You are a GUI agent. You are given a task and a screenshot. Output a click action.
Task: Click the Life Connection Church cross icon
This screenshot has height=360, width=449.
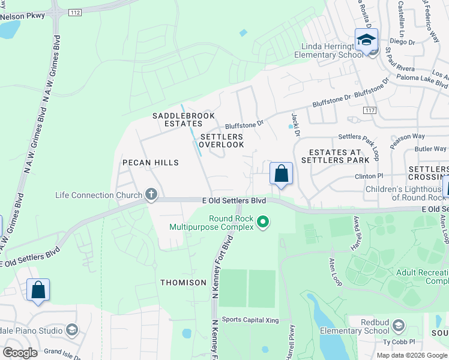151,194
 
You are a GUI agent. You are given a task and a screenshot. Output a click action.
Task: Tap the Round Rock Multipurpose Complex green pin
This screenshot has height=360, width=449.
262,223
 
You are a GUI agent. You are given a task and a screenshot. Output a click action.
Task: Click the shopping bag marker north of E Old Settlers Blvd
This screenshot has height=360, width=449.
281,175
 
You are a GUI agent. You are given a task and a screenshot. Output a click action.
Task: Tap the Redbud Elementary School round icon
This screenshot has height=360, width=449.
399,327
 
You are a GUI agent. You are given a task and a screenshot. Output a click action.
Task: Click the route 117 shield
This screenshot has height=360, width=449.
370,110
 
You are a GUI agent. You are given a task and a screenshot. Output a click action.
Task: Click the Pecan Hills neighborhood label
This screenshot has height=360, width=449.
151,163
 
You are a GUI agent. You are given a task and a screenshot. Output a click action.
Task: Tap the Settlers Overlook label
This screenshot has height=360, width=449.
221,140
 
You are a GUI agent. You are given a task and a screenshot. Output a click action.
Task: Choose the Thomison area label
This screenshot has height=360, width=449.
183,282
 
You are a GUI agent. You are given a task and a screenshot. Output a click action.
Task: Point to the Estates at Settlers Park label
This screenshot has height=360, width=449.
335,156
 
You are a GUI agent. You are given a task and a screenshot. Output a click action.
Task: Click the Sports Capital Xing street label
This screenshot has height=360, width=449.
250,320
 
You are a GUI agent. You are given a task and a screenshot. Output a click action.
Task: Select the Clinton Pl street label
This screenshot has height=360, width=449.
369,176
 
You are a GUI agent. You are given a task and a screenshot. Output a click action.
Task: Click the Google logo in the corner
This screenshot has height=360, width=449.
20,352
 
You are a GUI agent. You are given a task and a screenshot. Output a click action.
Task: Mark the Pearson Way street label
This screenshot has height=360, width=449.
407,140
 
